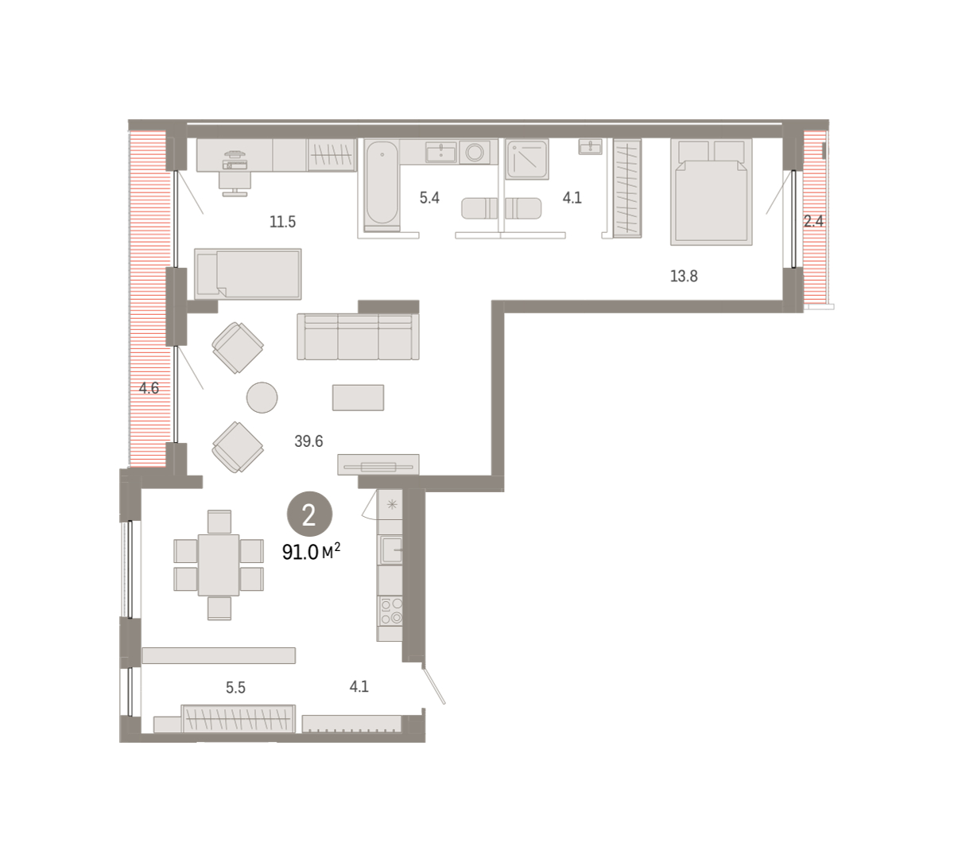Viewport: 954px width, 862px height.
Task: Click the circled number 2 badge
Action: pyautogui.click(x=309, y=514)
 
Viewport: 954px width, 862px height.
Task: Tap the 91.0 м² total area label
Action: pyautogui.click(x=312, y=552)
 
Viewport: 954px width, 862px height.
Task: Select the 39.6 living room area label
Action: pyautogui.click(x=308, y=441)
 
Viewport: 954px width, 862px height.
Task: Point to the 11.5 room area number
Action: pyautogui.click(x=282, y=222)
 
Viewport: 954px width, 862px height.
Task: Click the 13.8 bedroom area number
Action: pyautogui.click(x=684, y=276)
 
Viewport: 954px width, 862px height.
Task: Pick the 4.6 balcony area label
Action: pyautogui.click(x=149, y=388)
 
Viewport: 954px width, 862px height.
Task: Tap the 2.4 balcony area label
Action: pyautogui.click(x=814, y=221)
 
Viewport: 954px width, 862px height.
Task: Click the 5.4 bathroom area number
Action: pyautogui.click(x=429, y=197)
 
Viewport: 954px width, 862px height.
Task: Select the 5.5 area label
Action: pyautogui.click(x=235, y=687)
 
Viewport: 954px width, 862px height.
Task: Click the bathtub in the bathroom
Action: pyautogui.click(x=382, y=186)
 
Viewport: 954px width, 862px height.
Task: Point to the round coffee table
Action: pyautogui.click(x=262, y=398)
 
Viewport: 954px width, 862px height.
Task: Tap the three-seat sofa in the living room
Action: pyautogui.click(x=358, y=336)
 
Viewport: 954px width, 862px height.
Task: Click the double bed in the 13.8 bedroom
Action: pyautogui.click(x=712, y=192)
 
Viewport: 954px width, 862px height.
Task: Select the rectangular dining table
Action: pyautogui.click(x=219, y=565)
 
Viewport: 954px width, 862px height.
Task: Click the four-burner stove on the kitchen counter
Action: pyautogui.click(x=390, y=612)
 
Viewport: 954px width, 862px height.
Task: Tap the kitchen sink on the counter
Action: pyautogui.click(x=391, y=550)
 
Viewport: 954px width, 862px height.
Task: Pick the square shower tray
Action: pyautogui.click(x=527, y=159)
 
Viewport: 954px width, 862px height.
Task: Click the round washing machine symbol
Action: pyautogui.click(x=475, y=152)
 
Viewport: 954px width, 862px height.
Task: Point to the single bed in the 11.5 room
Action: pyautogui.click(x=248, y=274)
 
